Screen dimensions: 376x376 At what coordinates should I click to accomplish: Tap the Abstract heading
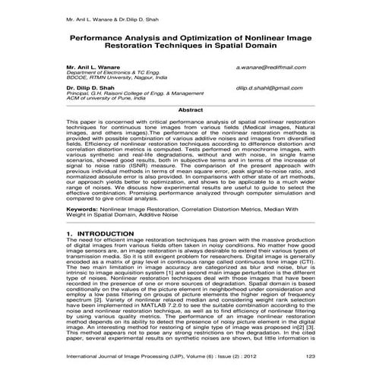pyautogui.click(x=190, y=110)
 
